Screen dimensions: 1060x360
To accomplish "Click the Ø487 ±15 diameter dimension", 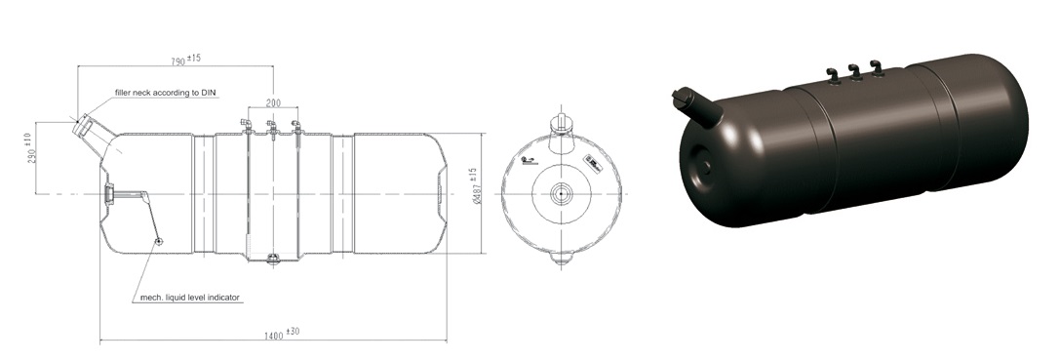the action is point(477,186).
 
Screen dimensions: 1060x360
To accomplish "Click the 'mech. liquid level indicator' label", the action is point(190,297).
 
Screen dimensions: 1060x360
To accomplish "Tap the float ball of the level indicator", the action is point(158,240).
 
